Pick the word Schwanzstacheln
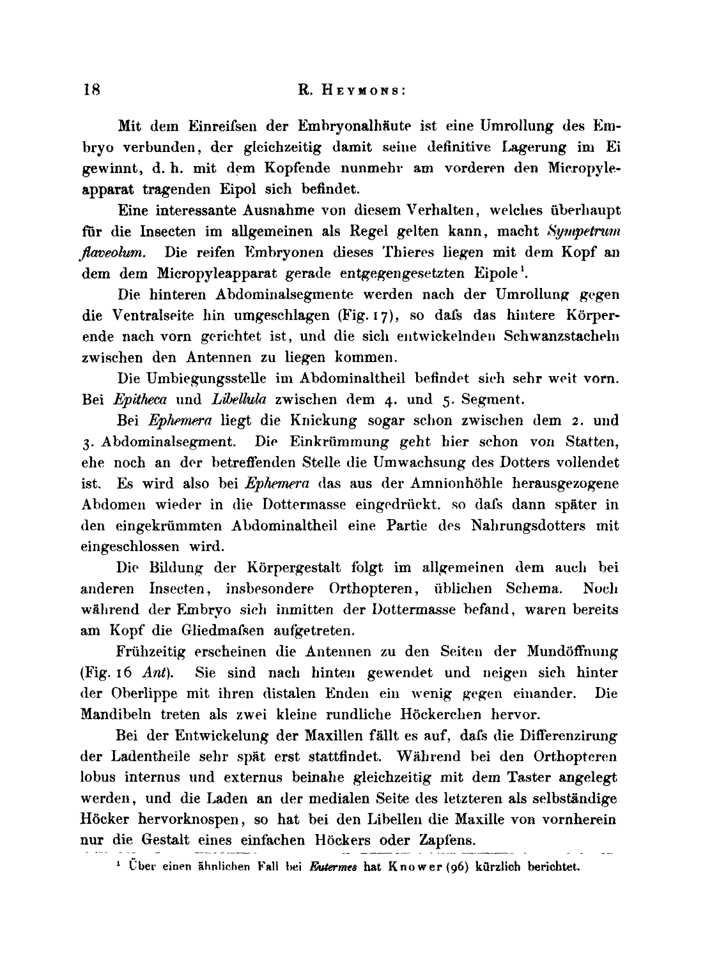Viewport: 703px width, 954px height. coord(569,337)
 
